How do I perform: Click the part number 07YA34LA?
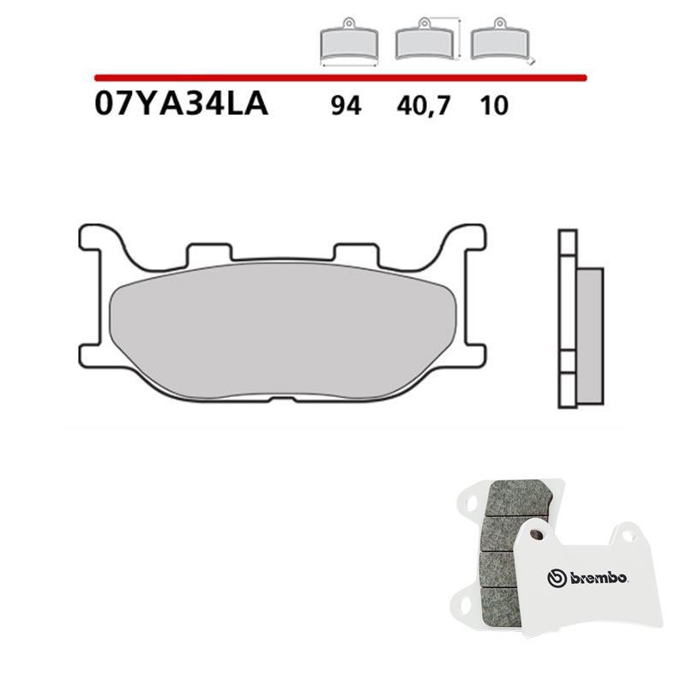[181, 105]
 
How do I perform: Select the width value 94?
[346, 105]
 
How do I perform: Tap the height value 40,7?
[423, 106]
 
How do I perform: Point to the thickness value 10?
[494, 105]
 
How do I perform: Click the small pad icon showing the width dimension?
[349, 41]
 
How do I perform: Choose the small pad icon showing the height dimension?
[427, 39]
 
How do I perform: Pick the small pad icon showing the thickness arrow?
[502, 40]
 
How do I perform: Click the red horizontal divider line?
[340, 78]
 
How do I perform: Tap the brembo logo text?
[599, 578]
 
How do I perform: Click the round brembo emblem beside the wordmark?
[557, 578]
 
